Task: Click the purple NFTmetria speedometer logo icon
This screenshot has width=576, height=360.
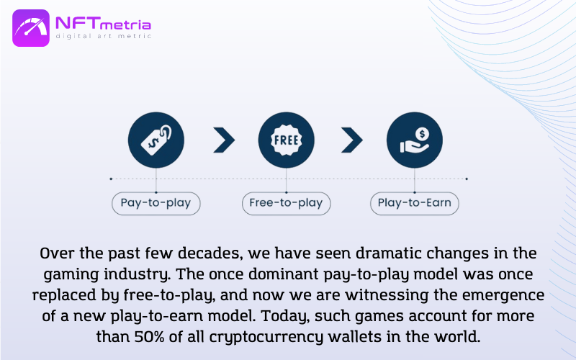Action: tap(31, 28)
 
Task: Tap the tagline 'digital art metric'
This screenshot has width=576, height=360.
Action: tap(103, 36)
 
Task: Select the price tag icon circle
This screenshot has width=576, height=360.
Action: tap(156, 140)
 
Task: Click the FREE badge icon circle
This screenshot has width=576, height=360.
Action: tap(286, 140)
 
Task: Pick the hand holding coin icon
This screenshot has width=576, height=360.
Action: tap(415, 140)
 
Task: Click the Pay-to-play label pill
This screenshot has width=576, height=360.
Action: tap(156, 203)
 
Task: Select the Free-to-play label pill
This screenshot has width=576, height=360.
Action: tap(286, 203)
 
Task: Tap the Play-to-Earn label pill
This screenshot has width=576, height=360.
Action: tap(415, 203)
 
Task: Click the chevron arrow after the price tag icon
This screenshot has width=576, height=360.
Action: tap(224, 140)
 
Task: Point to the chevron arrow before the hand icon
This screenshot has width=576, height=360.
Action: tap(352, 140)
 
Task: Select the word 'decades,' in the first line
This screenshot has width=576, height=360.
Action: tap(210, 254)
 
